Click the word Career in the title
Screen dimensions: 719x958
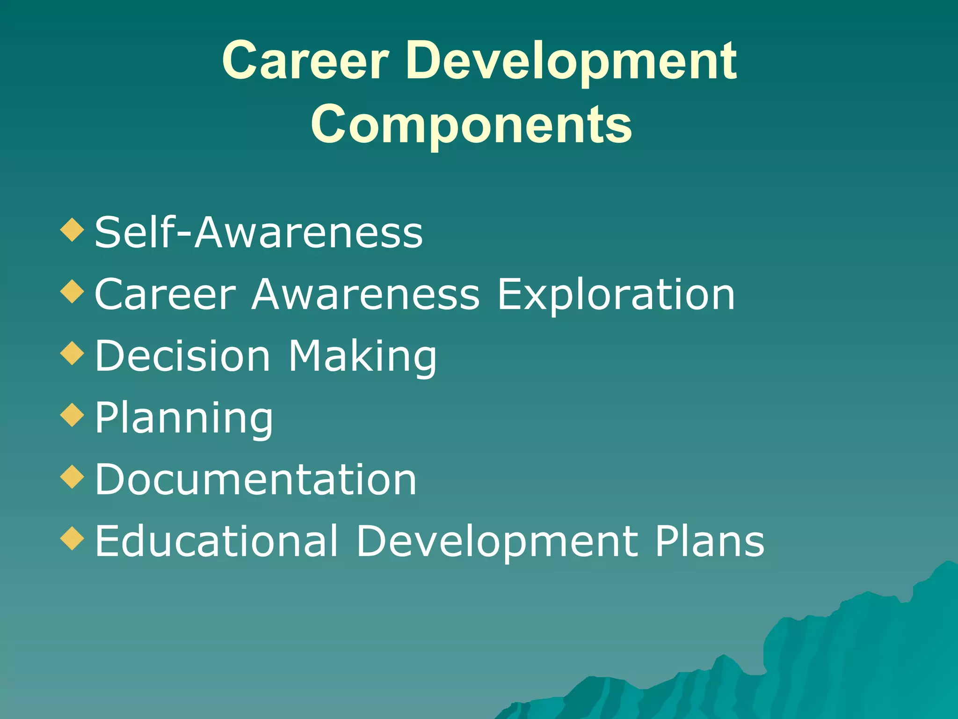pyautogui.click(x=305, y=61)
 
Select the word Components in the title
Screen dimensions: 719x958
pyautogui.click(x=471, y=125)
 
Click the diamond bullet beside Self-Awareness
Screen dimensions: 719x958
pyautogui.click(x=73, y=230)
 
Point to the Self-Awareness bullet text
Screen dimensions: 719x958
pyautogui.click(x=258, y=232)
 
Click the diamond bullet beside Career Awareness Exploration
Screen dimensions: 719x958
pyautogui.click(x=73, y=292)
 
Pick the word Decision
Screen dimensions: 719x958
pyautogui.click(x=182, y=356)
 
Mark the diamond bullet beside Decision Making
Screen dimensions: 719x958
pyautogui.click(x=73, y=353)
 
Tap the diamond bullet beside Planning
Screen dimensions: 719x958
pyautogui.click(x=73, y=415)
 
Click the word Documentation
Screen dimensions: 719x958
pyautogui.click(x=255, y=479)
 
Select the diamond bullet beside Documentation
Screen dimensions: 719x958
pyautogui.click(x=73, y=477)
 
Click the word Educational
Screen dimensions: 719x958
pyautogui.click(x=216, y=541)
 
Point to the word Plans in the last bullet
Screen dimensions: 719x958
pyautogui.click(x=709, y=541)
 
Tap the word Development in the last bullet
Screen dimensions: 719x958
pyautogui.click(x=497, y=542)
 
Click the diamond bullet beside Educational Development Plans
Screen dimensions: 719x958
pyautogui.click(x=73, y=538)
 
